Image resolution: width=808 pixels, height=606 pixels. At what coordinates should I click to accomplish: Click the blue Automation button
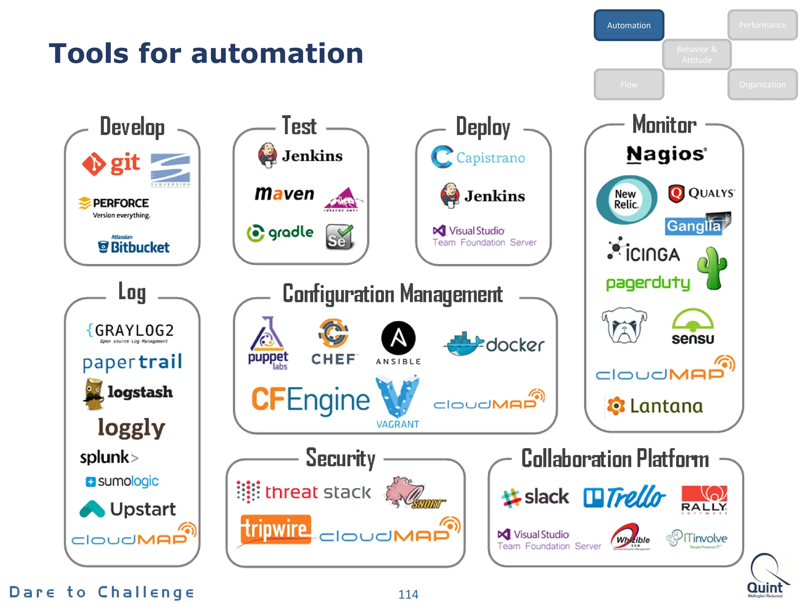click(x=628, y=25)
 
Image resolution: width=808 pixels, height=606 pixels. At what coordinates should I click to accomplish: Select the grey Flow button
click(x=628, y=84)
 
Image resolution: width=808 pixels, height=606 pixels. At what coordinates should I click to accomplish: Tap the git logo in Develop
click(x=111, y=163)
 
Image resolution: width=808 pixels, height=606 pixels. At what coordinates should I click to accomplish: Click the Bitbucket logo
click(x=134, y=247)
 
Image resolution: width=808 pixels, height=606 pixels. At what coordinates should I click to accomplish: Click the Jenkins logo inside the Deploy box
click(x=483, y=196)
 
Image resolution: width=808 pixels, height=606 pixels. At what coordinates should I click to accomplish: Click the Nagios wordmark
click(x=666, y=154)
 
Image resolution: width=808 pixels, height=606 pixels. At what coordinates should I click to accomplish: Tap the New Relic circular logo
click(x=627, y=200)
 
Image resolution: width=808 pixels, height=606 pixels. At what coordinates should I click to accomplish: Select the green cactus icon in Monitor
click(x=713, y=268)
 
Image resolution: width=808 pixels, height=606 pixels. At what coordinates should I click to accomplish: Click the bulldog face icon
click(x=624, y=325)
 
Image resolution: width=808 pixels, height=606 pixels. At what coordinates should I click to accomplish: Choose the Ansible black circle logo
click(x=398, y=339)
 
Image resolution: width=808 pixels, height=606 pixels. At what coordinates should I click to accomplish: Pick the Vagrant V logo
click(x=397, y=397)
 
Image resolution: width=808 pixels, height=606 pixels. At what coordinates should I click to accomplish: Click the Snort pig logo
click(x=413, y=493)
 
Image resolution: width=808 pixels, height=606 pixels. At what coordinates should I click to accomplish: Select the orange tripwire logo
click(x=276, y=529)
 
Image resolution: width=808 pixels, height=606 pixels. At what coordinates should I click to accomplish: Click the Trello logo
click(x=625, y=497)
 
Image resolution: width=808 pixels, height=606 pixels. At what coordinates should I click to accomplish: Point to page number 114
click(x=408, y=594)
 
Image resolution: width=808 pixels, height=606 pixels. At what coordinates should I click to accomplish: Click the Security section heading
click(x=340, y=458)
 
